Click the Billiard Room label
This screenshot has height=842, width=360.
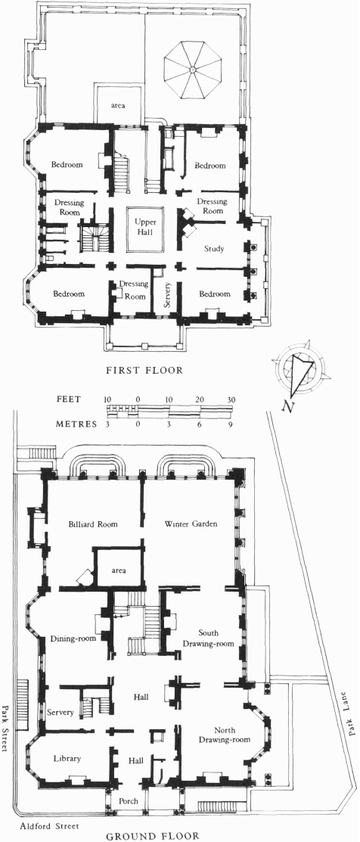coord(93,524)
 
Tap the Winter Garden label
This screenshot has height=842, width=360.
coord(191,524)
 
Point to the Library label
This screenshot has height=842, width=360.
coord(67,758)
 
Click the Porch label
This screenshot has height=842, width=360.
coord(129,800)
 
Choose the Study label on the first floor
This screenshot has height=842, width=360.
coord(214,249)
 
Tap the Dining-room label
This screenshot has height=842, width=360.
coord(73,638)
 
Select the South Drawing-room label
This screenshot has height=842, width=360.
coord(209,638)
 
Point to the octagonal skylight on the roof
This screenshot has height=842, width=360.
coord(191,70)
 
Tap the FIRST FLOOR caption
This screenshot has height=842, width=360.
coord(144,370)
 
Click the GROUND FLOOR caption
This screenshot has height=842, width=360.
coord(152,835)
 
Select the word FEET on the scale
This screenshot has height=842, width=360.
coord(69,399)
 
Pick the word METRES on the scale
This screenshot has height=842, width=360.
coord(76,424)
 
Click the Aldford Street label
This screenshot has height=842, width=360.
coord(49,826)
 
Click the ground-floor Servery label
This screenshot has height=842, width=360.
coord(60,713)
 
